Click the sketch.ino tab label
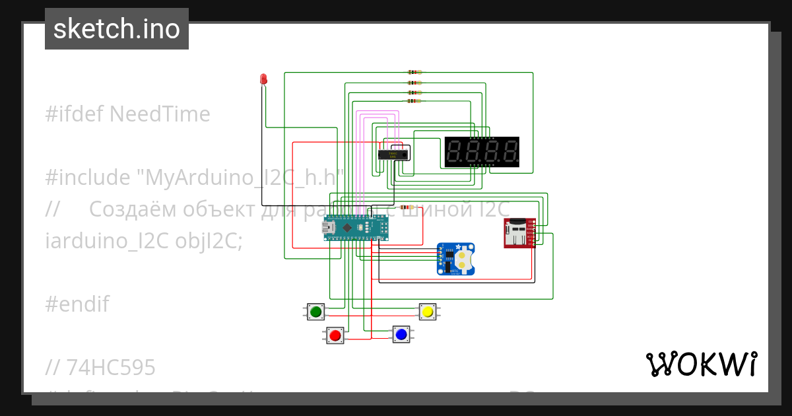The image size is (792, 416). coord(116,29)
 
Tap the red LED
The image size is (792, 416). coord(263,79)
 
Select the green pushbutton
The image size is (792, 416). coord(316,312)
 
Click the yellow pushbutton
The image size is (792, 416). coord(427,312)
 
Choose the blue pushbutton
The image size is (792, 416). coord(401,335)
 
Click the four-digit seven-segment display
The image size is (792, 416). coord(482,152)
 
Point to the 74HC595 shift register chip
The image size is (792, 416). coord(393,155)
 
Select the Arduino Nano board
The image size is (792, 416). coord(352,228)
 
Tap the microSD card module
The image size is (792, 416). coord(519,233)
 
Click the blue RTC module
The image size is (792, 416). coord(456,258)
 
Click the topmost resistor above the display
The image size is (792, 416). coord(414,72)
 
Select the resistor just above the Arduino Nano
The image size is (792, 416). coord(407,207)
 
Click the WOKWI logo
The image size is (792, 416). coord(701,364)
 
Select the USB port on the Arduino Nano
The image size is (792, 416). coord(328,228)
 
